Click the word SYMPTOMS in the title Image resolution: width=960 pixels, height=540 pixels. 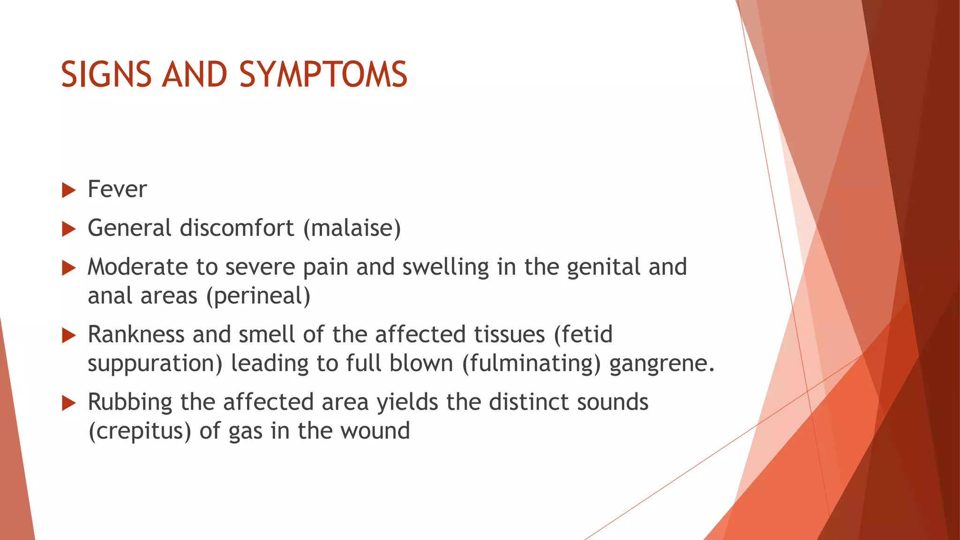[323, 75]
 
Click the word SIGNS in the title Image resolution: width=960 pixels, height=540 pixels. [106, 75]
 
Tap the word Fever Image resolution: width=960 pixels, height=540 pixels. [117, 189]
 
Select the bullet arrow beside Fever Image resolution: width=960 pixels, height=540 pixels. [68, 190]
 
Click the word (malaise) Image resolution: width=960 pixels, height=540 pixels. [352, 228]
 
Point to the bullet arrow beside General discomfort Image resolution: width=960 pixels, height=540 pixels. [68, 229]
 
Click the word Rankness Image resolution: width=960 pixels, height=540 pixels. [136, 335]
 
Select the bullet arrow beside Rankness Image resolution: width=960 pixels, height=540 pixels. [68, 336]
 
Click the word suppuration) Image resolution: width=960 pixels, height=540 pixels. [155, 364]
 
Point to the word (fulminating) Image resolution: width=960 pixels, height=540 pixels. [531, 364]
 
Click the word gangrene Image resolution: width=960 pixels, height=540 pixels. [661, 364]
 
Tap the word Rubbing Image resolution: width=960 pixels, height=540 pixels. [130, 402]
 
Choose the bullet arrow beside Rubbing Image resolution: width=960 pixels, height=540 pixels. [68, 403]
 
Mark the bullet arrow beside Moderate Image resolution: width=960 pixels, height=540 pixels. [68, 268]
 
